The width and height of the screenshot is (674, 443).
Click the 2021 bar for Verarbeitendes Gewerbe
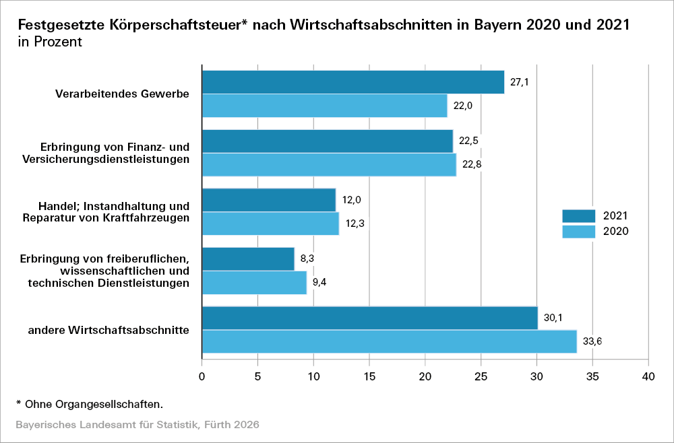coord(353,82)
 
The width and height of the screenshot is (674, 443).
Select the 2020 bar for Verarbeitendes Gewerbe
coord(324,106)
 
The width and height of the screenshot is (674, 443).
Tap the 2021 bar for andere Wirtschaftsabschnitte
coord(370,318)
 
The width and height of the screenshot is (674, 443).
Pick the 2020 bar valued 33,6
coord(390,341)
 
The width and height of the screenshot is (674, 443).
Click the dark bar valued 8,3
coord(248,259)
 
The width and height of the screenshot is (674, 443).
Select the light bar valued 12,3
coord(270,224)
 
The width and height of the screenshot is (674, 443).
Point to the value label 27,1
coord(520,83)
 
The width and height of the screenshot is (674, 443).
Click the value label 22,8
coord(470,164)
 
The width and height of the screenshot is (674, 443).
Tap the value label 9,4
coord(319,283)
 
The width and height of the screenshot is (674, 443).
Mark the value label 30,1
coord(553,318)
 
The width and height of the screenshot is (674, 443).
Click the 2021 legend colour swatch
coord(579,215)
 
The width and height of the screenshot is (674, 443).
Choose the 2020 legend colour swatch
coord(579,232)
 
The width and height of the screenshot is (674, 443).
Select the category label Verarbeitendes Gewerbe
coord(122,94)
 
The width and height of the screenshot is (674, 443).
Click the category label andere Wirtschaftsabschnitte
coord(108,330)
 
